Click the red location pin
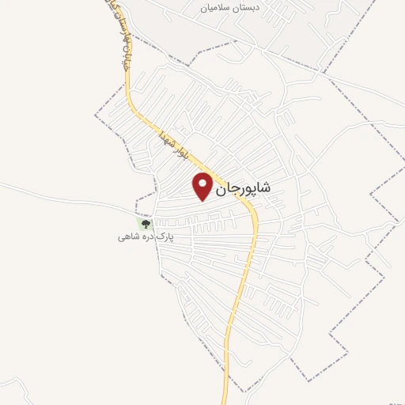tap(203, 186)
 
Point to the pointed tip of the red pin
tap(203, 200)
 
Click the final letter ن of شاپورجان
tap(220, 189)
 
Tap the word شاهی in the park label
tap(129, 237)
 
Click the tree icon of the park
tap(144, 225)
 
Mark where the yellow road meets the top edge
tap(106, 2)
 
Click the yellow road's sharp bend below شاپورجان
tap(254, 212)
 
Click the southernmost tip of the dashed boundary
tap(247, 392)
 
